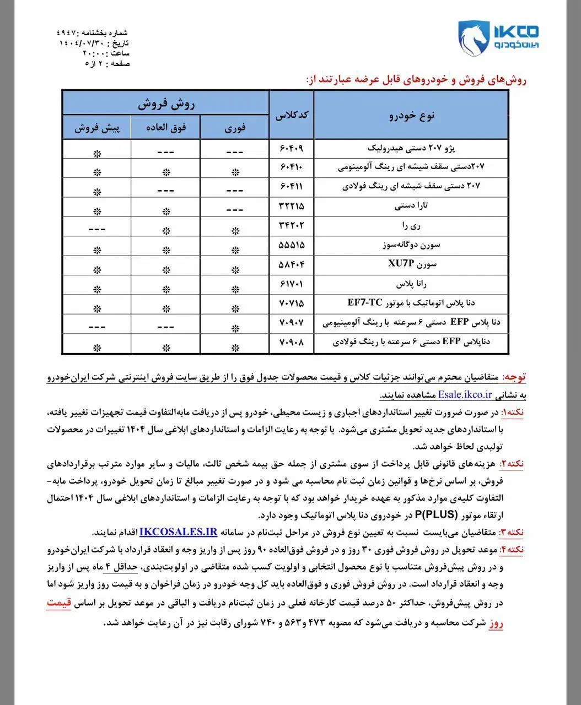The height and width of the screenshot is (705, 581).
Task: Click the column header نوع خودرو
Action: pyautogui.click(x=411, y=115)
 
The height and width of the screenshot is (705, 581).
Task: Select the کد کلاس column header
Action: pyautogui.click(x=291, y=115)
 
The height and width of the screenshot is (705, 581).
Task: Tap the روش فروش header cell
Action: pyautogui.click(x=165, y=104)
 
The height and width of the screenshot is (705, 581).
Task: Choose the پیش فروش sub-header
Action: pyautogui.click(x=96, y=128)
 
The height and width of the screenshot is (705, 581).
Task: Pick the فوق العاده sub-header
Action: pyautogui.click(x=165, y=128)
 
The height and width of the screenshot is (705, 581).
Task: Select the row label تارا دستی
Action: pyautogui.click(x=411, y=206)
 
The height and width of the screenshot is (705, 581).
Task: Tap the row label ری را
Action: pyautogui.click(x=411, y=226)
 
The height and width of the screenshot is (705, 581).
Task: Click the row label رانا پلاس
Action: pyautogui.click(x=411, y=284)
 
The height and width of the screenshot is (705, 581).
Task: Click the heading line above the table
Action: pyautogui.click(x=416, y=80)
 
